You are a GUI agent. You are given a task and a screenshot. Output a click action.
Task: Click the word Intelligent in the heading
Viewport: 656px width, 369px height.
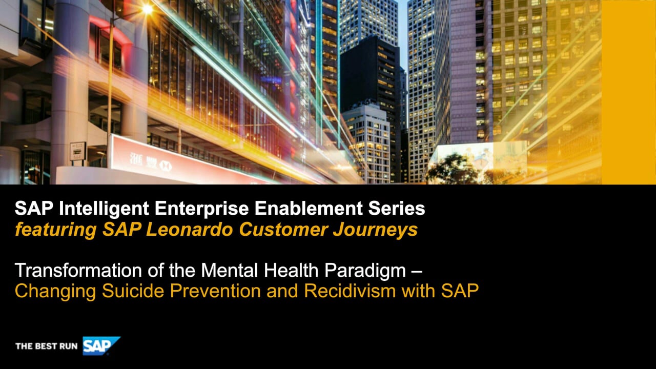coord(104,209)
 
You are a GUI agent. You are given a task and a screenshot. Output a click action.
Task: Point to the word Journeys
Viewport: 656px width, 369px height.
coord(376,231)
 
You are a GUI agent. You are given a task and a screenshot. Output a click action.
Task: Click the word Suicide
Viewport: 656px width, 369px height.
coord(133,291)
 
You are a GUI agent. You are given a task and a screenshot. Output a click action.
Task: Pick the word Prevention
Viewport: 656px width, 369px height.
coord(215,291)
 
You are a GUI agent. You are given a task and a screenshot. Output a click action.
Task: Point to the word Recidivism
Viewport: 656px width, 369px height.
coord(350,291)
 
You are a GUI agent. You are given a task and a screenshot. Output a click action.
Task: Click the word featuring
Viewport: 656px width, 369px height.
coord(56,231)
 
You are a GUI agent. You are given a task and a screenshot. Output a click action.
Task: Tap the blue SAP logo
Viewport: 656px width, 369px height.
coord(101,345)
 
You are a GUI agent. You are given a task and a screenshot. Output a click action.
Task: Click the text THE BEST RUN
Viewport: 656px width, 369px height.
coord(46,346)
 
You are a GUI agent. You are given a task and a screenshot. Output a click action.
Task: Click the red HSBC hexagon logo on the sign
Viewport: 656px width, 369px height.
coord(166,166)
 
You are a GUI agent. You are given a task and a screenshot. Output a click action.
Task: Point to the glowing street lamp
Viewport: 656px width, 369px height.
coord(147,9)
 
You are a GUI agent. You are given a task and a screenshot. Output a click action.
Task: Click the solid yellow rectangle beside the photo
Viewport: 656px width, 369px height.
coord(628,92)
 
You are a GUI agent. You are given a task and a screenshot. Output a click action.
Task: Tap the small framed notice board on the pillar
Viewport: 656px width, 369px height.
coord(77,151)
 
